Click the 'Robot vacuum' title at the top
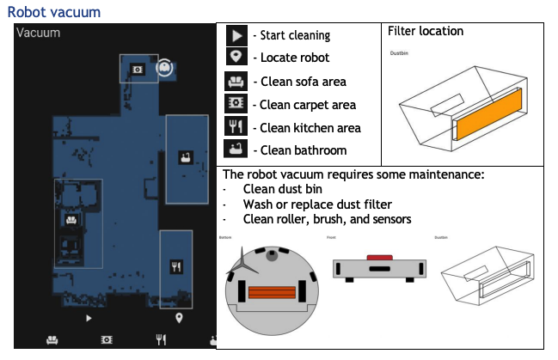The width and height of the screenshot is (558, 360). (x=53, y=12)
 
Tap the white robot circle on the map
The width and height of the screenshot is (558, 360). (x=164, y=66)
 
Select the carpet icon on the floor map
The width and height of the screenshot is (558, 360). (x=137, y=69)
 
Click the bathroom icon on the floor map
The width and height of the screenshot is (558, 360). (x=184, y=156)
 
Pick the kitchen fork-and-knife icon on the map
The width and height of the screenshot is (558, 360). (x=175, y=265)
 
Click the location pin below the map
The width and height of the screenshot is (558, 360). (x=179, y=319)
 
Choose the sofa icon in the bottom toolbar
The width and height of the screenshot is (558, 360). (x=52, y=339)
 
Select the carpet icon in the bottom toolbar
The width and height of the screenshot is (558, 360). (x=107, y=339)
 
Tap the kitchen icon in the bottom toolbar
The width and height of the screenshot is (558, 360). (x=160, y=339)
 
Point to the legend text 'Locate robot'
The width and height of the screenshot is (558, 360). (x=291, y=58)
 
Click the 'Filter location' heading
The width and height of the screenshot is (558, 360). (x=426, y=31)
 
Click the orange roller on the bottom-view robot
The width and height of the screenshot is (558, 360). (x=272, y=291)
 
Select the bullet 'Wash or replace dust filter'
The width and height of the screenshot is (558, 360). (x=317, y=204)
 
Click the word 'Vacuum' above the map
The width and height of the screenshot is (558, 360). (x=39, y=33)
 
